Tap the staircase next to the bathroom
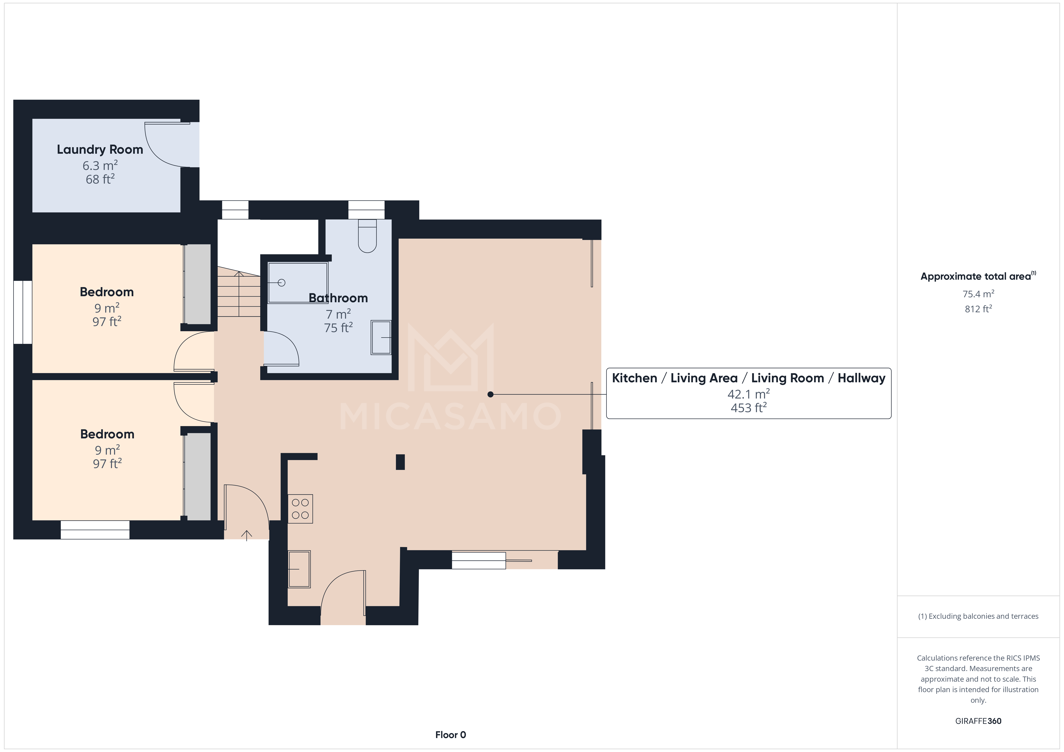(x=239, y=293)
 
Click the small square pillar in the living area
(x=400, y=462)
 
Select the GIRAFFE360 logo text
(x=978, y=721)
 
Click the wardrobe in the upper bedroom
(x=198, y=284)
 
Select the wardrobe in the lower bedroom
(x=198, y=476)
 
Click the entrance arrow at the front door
(x=247, y=535)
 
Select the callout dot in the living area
(x=490, y=394)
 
